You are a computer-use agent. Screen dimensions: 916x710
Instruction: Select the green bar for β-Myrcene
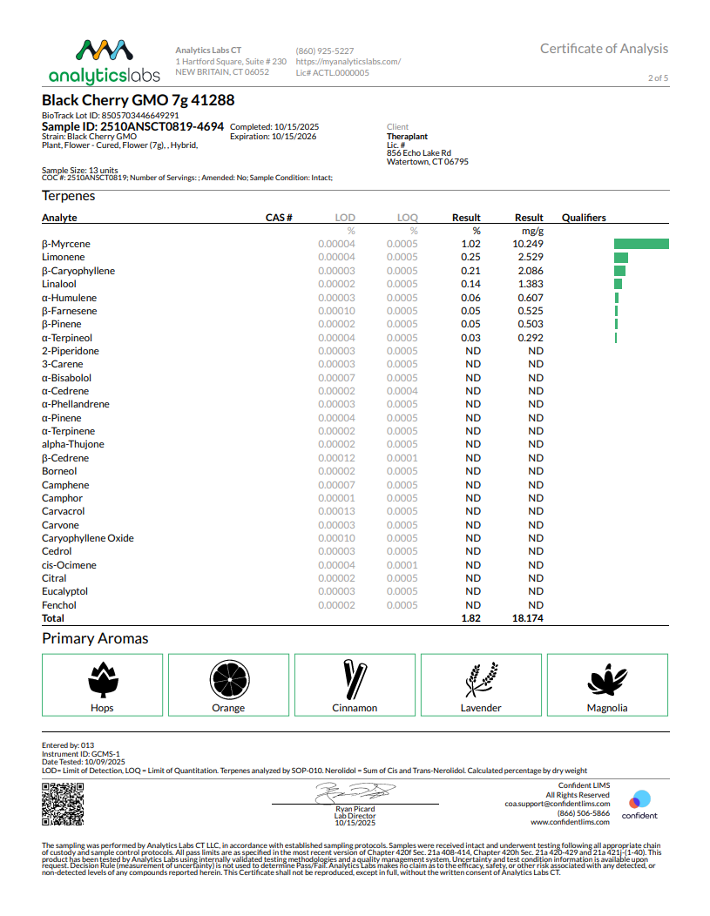click(641, 244)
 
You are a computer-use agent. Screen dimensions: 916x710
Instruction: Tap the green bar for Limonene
click(621, 258)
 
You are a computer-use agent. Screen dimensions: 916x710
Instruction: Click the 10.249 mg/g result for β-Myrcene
click(530, 244)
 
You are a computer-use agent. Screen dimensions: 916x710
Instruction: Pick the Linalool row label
click(59, 284)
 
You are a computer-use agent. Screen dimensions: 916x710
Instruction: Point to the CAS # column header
click(279, 218)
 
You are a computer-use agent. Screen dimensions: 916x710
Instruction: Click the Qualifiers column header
click(584, 218)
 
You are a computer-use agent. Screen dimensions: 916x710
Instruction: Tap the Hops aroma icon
click(102, 680)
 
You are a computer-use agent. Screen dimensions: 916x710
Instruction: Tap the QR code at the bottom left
click(63, 804)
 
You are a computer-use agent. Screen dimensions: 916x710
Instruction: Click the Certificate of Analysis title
click(604, 49)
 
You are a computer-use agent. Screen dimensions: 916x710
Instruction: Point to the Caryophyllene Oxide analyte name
click(88, 538)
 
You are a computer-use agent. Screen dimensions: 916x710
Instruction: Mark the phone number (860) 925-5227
click(325, 51)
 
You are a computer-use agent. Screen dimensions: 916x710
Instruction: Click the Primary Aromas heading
click(95, 638)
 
